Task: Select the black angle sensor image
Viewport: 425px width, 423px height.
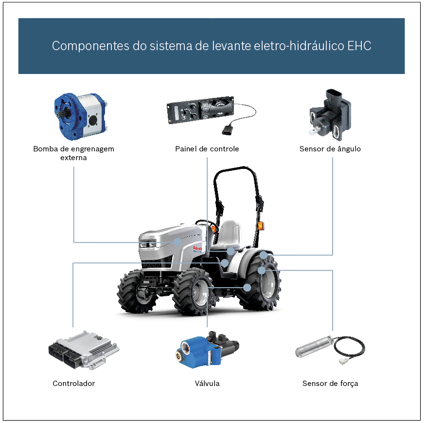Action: pyautogui.click(x=330, y=114)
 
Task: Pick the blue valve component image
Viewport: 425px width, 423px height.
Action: pyautogui.click(x=206, y=349)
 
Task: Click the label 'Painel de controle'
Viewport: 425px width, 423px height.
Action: pyautogui.click(x=207, y=149)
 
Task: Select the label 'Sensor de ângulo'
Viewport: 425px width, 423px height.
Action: pyautogui.click(x=330, y=149)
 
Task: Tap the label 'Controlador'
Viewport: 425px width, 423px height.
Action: pyautogui.click(x=73, y=384)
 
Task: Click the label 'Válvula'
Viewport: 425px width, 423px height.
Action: pyautogui.click(x=207, y=384)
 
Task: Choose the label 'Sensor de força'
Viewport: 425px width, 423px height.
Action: pyautogui.click(x=330, y=384)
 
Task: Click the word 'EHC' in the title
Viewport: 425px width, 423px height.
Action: pyautogui.click(x=359, y=46)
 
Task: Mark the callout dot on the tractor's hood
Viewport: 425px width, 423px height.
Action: pyautogui.click(x=178, y=241)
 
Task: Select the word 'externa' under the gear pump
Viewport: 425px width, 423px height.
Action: pyautogui.click(x=73, y=158)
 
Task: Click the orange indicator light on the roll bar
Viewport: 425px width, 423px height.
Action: pyautogui.click(x=261, y=225)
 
